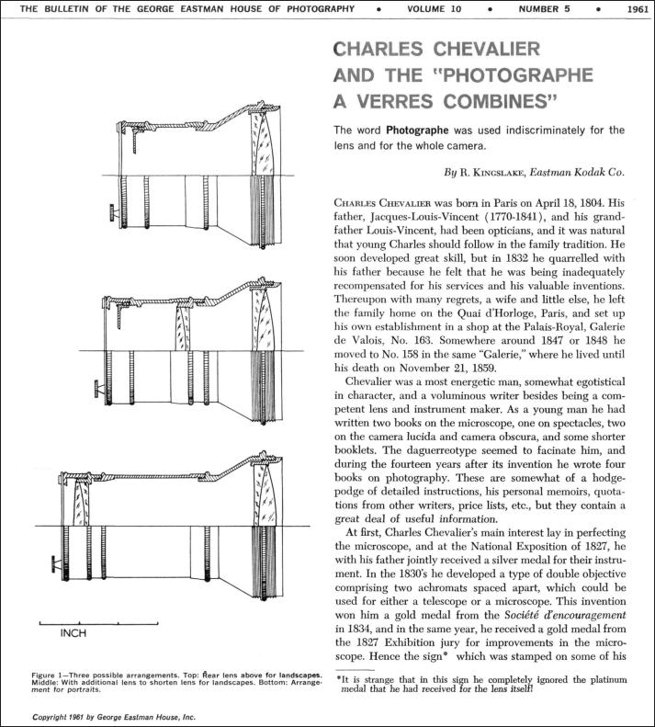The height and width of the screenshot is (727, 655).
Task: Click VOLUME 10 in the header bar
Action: pos(438,9)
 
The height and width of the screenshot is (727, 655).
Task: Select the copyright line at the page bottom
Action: pos(114,716)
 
